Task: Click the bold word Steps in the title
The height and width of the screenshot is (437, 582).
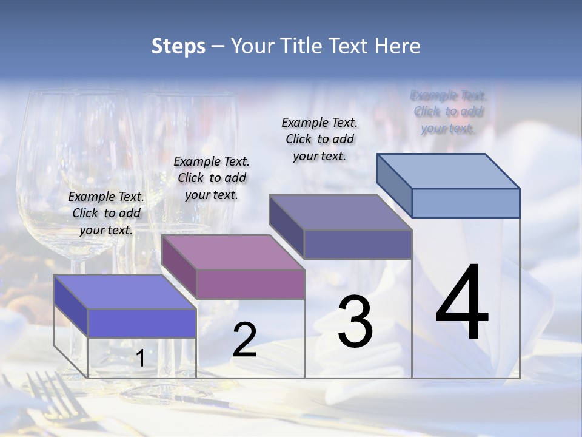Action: pyautogui.click(x=178, y=46)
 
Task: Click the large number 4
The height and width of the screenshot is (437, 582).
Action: pyautogui.click(x=462, y=303)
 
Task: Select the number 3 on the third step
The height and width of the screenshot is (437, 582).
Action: pyautogui.click(x=355, y=322)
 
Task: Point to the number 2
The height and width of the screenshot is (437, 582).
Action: pyautogui.click(x=244, y=340)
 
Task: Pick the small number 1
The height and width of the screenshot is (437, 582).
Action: pyautogui.click(x=140, y=359)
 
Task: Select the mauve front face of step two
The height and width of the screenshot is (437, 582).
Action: pyautogui.click(x=250, y=284)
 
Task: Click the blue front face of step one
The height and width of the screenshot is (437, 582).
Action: pyautogui.click(x=142, y=323)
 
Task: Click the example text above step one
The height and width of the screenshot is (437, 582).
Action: pyautogui.click(x=106, y=213)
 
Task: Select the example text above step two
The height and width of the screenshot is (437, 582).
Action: pyautogui.click(x=211, y=178)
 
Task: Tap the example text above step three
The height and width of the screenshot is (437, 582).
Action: pyautogui.click(x=319, y=139)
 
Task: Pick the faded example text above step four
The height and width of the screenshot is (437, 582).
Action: pyautogui.click(x=448, y=112)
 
